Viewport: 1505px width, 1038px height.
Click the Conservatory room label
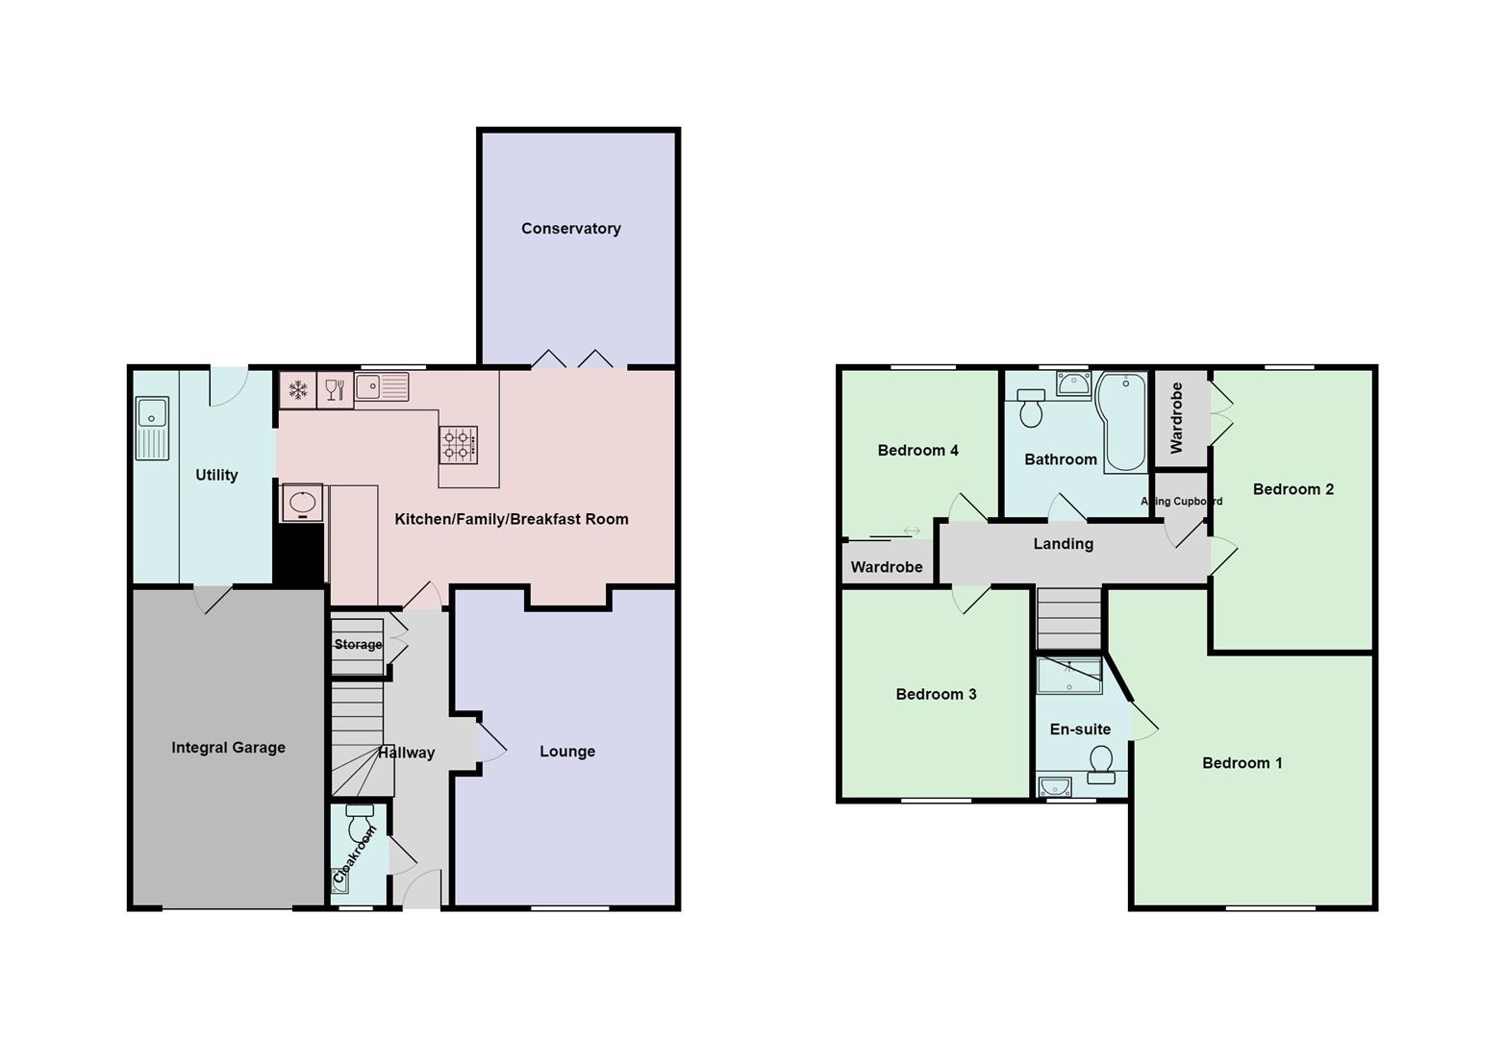(570, 229)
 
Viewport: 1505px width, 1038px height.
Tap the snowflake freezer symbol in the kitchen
(298, 390)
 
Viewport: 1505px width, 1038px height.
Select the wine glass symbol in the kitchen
(335, 389)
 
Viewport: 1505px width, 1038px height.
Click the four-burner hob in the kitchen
(459, 445)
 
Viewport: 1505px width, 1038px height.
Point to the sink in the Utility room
(152, 429)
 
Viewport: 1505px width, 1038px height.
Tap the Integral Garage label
(228, 748)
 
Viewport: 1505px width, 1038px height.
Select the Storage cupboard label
(358, 645)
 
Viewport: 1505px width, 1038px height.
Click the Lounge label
(566, 752)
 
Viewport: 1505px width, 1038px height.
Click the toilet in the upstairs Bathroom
(1031, 408)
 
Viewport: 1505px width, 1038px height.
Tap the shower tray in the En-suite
(1069, 676)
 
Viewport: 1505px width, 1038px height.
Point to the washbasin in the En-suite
(1055, 787)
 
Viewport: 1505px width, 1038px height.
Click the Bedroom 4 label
(917, 451)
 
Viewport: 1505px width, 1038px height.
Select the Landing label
(1063, 544)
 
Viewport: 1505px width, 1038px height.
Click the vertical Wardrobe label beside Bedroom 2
(1176, 418)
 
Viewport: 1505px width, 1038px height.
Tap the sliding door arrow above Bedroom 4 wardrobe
(912, 531)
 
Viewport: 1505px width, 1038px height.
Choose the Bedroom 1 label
(1242, 763)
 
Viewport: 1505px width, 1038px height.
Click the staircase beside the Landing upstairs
(1068, 618)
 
